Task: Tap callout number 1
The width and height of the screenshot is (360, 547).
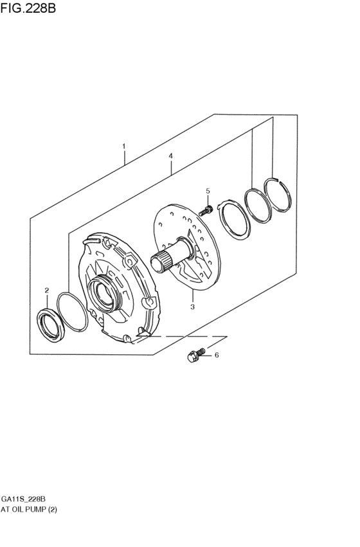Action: [x=124, y=147]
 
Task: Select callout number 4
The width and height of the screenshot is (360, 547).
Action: [x=171, y=156]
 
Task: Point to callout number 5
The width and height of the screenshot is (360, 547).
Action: [x=208, y=191]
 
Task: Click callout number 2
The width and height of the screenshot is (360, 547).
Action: [x=47, y=291]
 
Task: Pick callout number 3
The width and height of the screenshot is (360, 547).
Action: [x=192, y=307]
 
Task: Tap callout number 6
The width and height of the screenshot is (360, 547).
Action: [x=217, y=355]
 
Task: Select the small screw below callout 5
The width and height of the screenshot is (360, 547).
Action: [x=206, y=210]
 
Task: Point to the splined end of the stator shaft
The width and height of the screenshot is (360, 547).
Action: [x=160, y=263]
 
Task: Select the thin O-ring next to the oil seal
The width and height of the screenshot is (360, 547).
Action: [x=71, y=311]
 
